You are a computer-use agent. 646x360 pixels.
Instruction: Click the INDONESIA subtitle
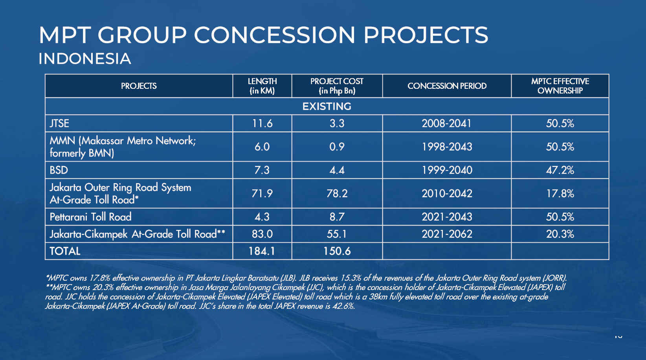click(85, 59)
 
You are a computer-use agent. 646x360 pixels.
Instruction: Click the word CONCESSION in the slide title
click(275, 35)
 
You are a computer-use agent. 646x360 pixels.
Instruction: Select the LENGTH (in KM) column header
click(262, 86)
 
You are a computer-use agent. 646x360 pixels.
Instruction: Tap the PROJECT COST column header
click(337, 86)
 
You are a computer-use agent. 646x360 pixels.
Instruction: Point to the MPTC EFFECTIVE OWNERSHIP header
click(560, 86)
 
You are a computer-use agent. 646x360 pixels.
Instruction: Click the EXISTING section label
click(327, 107)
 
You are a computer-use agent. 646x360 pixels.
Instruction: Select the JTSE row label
click(59, 123)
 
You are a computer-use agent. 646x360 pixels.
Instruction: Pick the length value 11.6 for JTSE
click(262, 123)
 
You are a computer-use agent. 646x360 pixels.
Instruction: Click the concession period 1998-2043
click(447, 147)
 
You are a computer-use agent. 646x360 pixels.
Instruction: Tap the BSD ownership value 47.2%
click(560, 170)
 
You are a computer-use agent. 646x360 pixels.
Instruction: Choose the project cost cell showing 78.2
click(337, 193)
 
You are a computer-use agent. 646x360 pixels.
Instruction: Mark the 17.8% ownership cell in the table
click(560, 193)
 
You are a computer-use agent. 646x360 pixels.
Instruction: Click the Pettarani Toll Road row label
click(90, 217)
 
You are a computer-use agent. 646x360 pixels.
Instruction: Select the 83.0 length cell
click(262, 234)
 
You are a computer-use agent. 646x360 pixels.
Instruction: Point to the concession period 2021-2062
click(447, 234)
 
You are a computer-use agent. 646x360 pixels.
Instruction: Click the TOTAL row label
click(65, 251)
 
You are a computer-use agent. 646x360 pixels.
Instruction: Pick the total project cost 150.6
click(337, 251)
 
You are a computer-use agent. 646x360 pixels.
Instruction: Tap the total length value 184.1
click(262, 251)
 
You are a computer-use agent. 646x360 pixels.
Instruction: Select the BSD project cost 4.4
click(337, 170)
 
